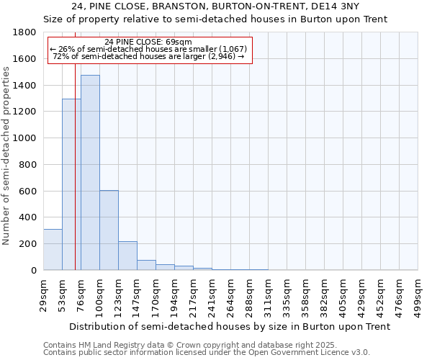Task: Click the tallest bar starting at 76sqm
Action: (90, 173)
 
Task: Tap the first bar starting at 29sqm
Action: (53, 249)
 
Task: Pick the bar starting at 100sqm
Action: (109, 230)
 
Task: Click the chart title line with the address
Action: (216, 6)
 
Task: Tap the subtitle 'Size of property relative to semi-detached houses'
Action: (216, 19)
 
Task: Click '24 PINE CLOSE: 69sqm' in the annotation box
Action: (148, 42)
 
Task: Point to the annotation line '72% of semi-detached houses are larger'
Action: (149, 57)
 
